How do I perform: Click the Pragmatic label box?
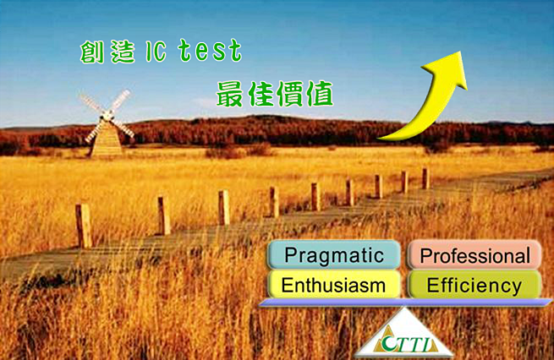click(334, 255)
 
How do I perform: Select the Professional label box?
click(474, 255)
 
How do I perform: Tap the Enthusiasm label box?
click(334, 285)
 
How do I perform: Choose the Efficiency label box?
click(474, 285)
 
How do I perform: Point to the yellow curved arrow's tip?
click(460, 52)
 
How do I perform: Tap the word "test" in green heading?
click(211, 52)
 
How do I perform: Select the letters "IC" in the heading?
click(156, 52)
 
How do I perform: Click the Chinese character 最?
click(229, 94)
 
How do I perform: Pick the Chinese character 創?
click(92, 52)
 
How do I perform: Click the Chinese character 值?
click(320, 94)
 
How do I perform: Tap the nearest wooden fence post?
click(84, 226)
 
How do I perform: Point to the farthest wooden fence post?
click(425, 178)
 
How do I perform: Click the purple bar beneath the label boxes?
click(405, 303)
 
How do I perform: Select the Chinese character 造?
click(123, 52)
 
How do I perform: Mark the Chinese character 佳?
click(260, 94)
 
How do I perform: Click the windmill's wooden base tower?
click(107, 140)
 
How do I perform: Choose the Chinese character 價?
click(290, 94)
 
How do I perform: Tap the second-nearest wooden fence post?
click(164, 215)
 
